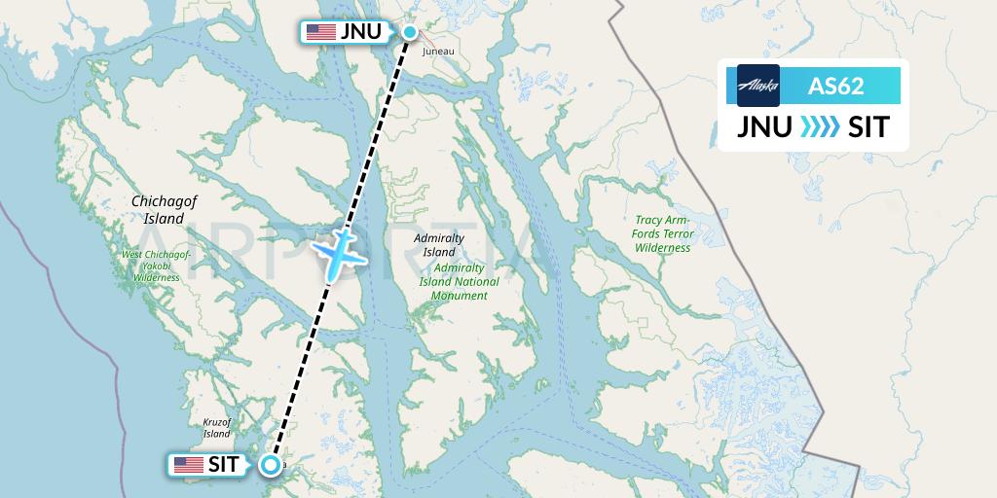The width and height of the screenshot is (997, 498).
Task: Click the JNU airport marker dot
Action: [410, 32]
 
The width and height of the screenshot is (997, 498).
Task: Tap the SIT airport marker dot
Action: [269, 465]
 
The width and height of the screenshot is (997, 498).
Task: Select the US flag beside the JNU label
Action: [320, 32]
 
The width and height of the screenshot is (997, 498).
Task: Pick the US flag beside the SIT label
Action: [188, 465]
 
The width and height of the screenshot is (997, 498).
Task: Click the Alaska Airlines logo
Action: [758, 86]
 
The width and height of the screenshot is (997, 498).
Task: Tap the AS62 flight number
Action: [835, 86]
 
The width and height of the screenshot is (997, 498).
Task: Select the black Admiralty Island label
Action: [439, 244]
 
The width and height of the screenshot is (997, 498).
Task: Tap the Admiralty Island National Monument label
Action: [466, 281]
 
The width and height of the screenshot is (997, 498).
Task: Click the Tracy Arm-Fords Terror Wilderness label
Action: [663, 233]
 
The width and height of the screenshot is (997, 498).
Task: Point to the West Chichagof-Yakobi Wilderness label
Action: [151, 266]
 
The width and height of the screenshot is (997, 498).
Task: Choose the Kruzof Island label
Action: [216, 428]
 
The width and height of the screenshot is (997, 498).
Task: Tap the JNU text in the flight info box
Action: [763, 127]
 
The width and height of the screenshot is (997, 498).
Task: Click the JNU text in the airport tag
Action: [360, 32]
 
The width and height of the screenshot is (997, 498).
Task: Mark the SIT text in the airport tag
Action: [224, 465]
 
